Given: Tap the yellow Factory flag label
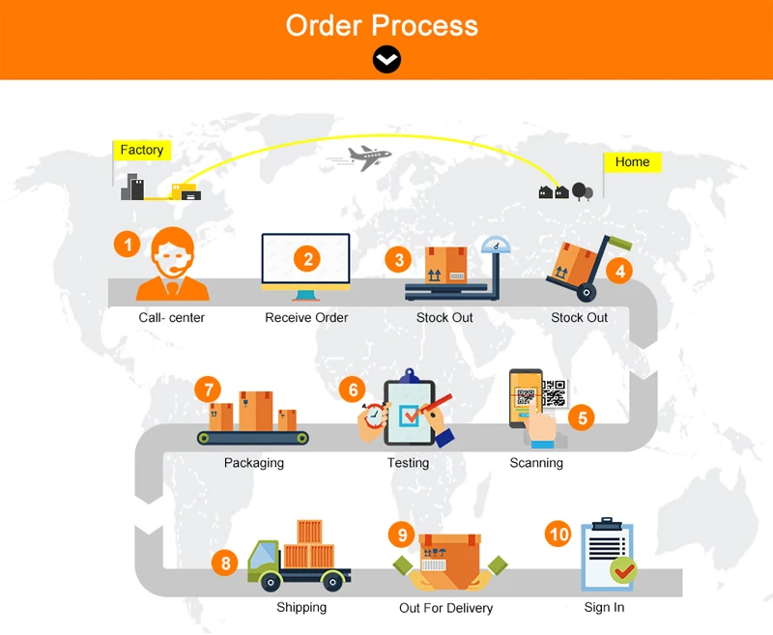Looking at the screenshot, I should [x=142, y=150].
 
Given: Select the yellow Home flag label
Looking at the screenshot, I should [x=632, y=161].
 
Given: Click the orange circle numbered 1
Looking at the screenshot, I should [x=128, y=244].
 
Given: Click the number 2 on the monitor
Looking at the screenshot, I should [x=308, y=258].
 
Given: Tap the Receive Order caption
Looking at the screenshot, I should [x=306, y=317].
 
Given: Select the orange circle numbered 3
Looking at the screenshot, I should [x=398, y=259].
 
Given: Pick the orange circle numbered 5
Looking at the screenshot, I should [x=582, y=418].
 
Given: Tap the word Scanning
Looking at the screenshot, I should [x=536, y=463].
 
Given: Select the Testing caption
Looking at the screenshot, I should [x=408, y=463].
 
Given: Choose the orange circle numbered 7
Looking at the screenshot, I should [x=207, y=389].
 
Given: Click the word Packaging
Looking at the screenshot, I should [x=254, y=463].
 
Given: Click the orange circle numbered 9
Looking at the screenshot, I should [x=402, y=534].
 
